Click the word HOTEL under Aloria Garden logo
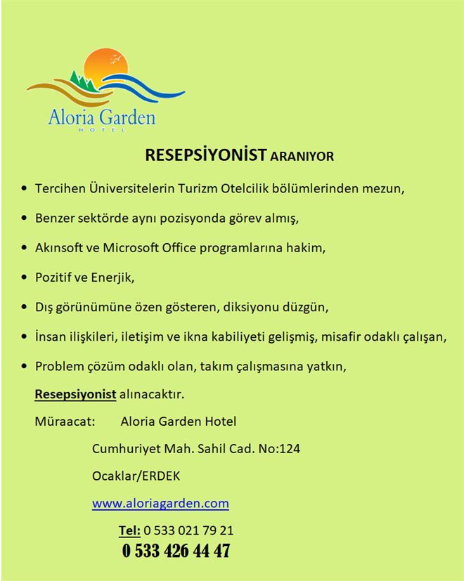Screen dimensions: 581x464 pyautogui.click(x=102, y=130)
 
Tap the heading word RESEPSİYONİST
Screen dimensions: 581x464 pyautogui.click(x=206, y=155)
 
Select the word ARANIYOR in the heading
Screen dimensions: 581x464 pyautogui.click(x=302, y=157)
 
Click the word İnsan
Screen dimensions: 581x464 pyautogui.click(x=49, y=337)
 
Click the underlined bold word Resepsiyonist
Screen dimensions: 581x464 pyautogui.click(x=75, y=395)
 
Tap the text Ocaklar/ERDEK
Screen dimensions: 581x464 pyautogui.click(x=136, y=476)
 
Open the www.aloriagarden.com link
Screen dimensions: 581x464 pyautogui.click(x=160, y=503)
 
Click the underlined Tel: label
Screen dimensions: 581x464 pyautogui.click(x=129, y=530)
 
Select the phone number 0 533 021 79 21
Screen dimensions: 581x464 pyautogui.click(x=188, y=530)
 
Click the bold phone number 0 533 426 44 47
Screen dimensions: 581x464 pyautogui.click(x=176, y=552)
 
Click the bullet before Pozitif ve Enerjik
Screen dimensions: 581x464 pyautogui.click(x=25, y=277)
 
